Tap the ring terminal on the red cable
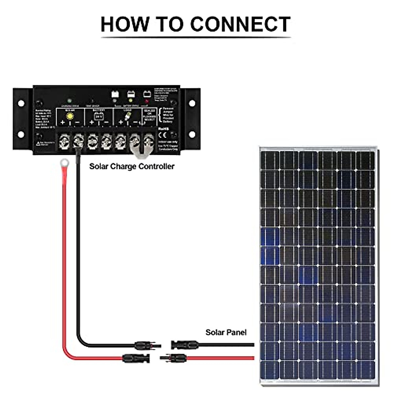tap(64, 162)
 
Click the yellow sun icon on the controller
tap(70, 116)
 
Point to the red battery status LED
tap(147, 101)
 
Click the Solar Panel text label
tap(226, 332)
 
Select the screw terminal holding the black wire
tap(78, 142)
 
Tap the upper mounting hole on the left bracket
tap(21, 103)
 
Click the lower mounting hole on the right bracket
tap(192, 134)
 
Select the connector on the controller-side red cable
tap(136, 358)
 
